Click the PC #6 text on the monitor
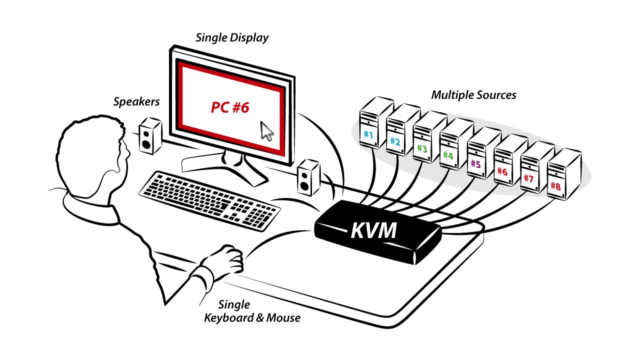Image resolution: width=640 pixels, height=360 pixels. (229, 107)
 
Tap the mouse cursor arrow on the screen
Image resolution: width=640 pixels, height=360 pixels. (267, 131)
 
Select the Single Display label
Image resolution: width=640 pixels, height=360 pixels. (232, 37)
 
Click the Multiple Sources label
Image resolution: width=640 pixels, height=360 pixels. (473, 94)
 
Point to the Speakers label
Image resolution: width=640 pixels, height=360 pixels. (136, 102)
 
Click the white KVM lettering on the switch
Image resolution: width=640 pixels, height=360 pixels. (373, 230)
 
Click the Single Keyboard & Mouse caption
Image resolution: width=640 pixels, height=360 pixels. (252, 311)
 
